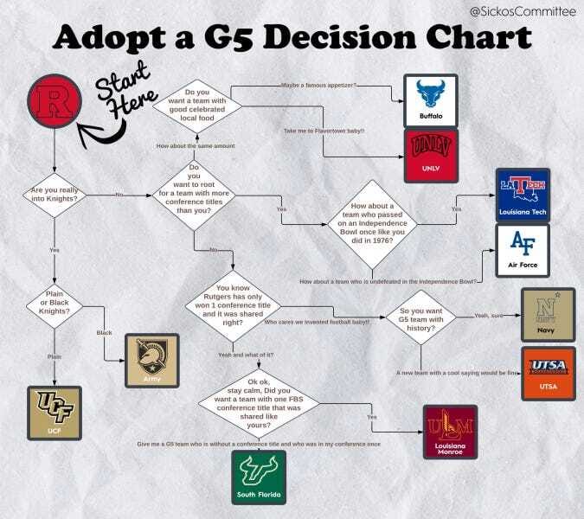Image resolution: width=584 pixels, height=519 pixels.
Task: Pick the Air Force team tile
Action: (522, 250)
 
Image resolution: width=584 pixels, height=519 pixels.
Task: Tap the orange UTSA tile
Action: (547, 373)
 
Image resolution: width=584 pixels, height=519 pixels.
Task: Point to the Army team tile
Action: (151, 360)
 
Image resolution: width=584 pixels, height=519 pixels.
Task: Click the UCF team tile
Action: (54, 411)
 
